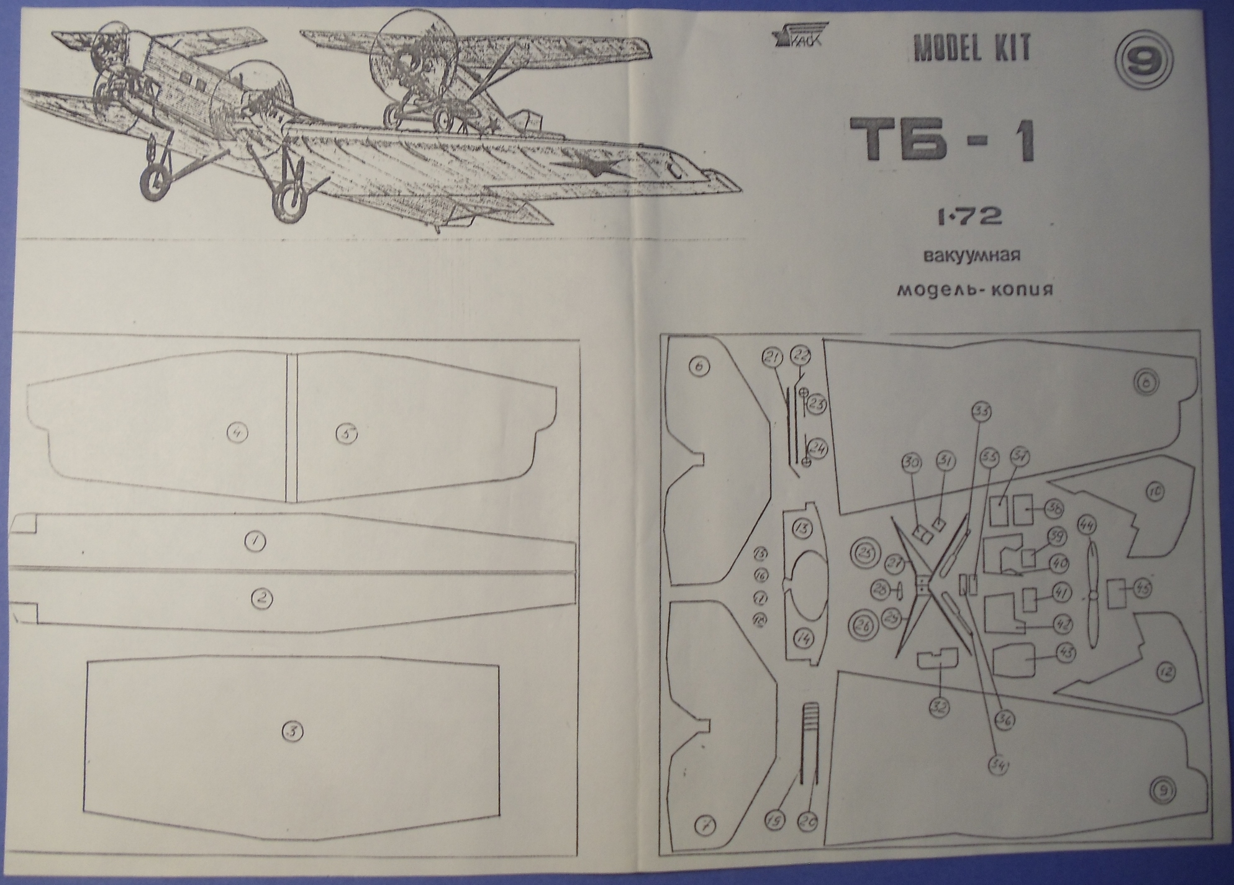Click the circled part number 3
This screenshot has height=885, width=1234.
coord(292,732)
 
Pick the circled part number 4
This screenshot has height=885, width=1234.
coord(237,432)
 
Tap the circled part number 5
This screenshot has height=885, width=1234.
coord(347,433)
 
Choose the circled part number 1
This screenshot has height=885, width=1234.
coord(255,542)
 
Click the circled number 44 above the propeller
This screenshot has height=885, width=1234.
coord(1087,525)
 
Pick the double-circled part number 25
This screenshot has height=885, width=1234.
coord(865,551)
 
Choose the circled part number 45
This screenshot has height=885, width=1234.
coord(1141,588)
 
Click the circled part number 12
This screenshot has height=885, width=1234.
coord(1166,671)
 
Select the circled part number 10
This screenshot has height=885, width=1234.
coord(1155,492)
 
